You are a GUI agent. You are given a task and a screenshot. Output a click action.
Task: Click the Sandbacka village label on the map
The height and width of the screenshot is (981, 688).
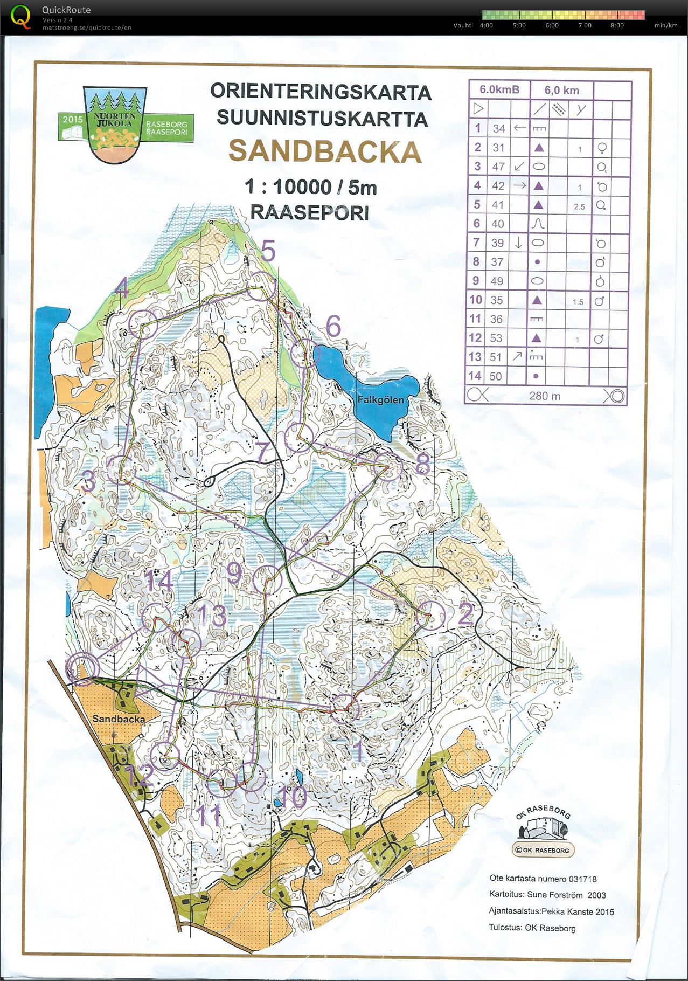coord(118,719)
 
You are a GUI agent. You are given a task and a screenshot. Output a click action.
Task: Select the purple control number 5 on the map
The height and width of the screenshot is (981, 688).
coord(268,252)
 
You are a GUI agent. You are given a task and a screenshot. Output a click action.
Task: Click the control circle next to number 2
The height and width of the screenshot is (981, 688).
coord(431,615)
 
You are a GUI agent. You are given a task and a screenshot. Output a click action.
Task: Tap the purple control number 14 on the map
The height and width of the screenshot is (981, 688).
coord(158,582)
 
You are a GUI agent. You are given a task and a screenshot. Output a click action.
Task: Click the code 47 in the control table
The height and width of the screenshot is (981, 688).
coord(498,167)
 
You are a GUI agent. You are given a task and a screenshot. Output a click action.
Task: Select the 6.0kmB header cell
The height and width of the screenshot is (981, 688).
coord(499,90)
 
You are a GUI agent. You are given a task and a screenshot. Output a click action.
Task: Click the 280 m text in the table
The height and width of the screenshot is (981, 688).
coord(545,396)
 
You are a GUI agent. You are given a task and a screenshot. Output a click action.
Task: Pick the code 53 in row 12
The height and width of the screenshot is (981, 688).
coord(496,338)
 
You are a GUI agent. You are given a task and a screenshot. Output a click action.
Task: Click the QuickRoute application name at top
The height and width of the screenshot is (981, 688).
coord(66,10)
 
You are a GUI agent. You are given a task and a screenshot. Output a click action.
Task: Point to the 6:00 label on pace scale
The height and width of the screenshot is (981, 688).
coord(552,25)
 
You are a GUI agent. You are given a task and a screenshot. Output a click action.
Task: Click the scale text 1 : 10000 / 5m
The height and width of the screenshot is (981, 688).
coord(310,187)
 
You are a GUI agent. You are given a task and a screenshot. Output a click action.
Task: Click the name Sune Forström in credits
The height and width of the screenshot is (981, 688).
coord(555,895)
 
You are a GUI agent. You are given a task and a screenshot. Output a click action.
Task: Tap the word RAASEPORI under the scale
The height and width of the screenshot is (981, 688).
coord(309,212)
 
